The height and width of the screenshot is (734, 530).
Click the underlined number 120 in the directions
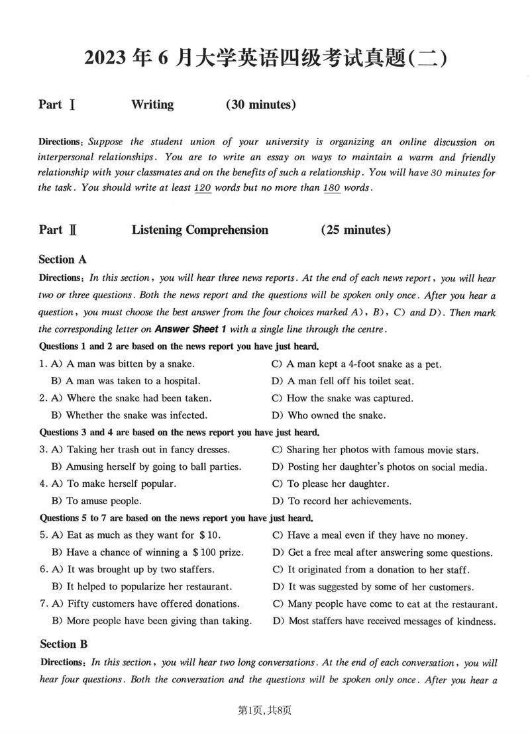pos(202,187)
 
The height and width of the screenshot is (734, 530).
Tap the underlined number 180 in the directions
pos(331,187)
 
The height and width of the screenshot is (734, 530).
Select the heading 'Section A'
pos(62,260)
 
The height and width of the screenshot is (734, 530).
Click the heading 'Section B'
pos(64,644)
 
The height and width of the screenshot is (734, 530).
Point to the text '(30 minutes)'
pos(260,104)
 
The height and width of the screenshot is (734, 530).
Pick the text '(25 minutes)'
pos(356,230)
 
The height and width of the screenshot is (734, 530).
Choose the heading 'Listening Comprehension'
pos(200,230)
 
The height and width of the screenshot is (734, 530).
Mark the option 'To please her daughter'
pos(339,484)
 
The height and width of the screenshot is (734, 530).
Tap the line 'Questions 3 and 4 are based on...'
pos(180,433)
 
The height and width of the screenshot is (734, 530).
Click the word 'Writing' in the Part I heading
pos(152,104)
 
